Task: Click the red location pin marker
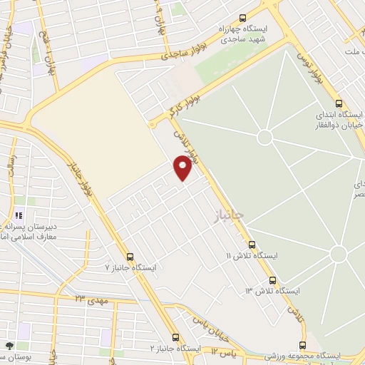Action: (x=183, y=168)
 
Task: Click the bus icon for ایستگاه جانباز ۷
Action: (x=130, y=256)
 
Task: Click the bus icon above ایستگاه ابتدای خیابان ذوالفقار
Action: (x=339, y=103)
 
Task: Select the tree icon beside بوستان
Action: (x=9, y=346)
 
